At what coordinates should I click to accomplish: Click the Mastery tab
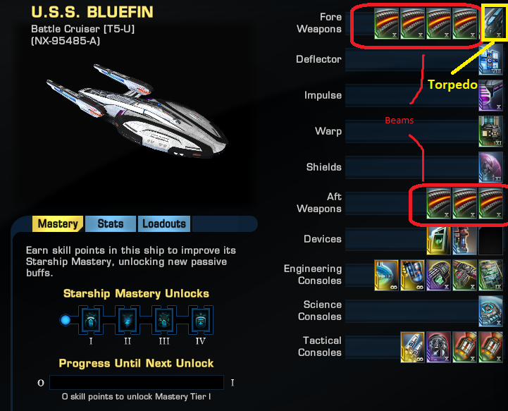click(58, 224)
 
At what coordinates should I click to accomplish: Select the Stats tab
click(111, 224)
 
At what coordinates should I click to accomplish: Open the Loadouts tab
click(164, 224)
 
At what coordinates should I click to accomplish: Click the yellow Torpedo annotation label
click(452, 85)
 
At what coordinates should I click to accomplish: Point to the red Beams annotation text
click(399, 121)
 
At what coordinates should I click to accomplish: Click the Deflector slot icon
click(490, 61)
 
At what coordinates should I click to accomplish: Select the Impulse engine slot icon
click(490, 96)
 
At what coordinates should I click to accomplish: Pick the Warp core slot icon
click(490, 132)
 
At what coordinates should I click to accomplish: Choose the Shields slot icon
click(490, 168)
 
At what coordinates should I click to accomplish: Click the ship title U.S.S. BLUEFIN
click(92, 12)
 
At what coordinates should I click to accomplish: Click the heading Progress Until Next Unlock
click(136, 363)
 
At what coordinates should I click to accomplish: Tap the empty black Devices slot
click(490, 240)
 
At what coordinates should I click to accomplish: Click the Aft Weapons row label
click(324, 203)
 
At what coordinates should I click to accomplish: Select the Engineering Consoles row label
click(313, 274)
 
